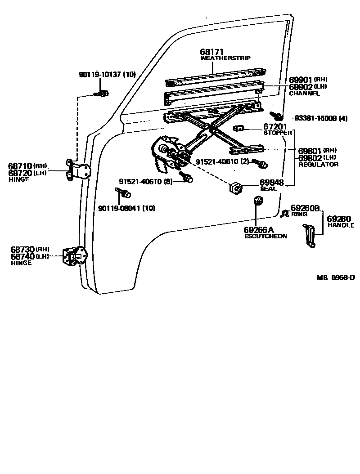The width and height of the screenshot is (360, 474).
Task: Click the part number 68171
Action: click(211, 53)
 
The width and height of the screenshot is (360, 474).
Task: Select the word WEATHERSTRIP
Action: click(225, 58)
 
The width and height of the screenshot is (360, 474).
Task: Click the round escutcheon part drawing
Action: click(258, 201)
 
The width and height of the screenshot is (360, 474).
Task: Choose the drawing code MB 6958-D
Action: click(335, 277)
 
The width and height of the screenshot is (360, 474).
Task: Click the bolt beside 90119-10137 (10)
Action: click(102, 94)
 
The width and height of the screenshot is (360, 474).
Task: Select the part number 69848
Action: click(271, 183)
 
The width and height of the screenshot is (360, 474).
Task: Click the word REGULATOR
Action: click(318, 165)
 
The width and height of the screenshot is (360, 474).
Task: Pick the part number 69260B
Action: click(305, 208)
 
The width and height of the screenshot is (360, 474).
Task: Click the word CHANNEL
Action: click(304, 94)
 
